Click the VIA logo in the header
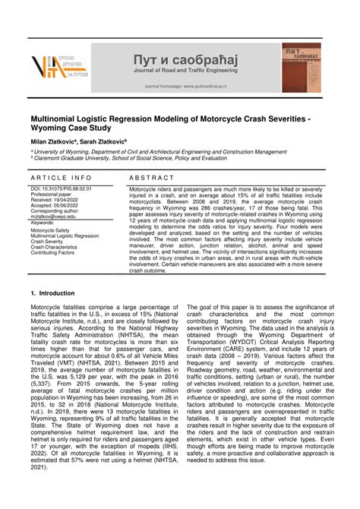[x=58, y=68]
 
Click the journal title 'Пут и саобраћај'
[x=185, y=59]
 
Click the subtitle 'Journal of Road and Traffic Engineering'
[x=185, y=71]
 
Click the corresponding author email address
[x=58, y=216]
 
